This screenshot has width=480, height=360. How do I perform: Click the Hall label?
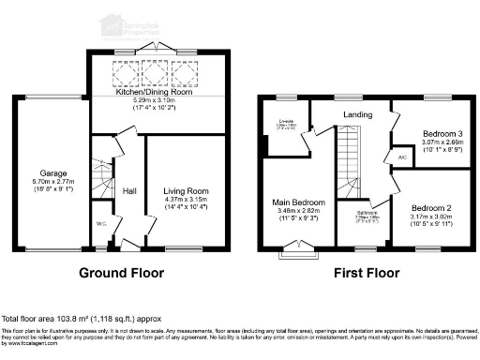coord(129,191)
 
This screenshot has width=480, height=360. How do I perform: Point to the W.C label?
coord(100,223)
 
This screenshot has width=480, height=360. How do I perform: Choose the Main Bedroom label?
coord(299,203)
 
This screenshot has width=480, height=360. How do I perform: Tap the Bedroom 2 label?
coord(430,207)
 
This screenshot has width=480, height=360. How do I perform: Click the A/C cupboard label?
coord(401,157)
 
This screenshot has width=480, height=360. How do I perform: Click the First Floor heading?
coord(367,274)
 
